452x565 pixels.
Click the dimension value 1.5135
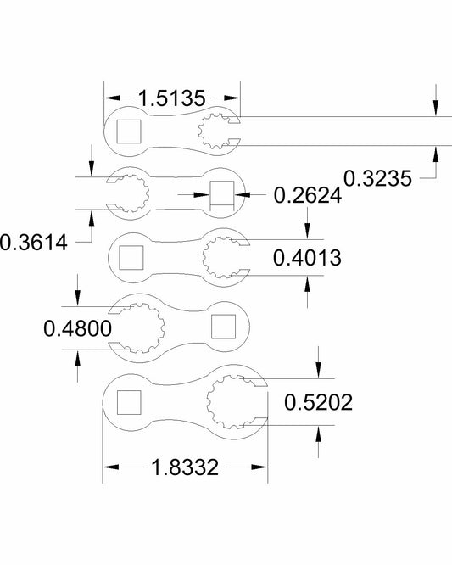click(171, 98)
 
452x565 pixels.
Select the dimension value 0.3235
click(377, 177)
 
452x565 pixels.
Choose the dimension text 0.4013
click(307, 258)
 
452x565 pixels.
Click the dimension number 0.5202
click(319, 400)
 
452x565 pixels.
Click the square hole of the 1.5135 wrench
click(128, 131)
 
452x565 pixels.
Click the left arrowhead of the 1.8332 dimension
click(109, 466)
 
